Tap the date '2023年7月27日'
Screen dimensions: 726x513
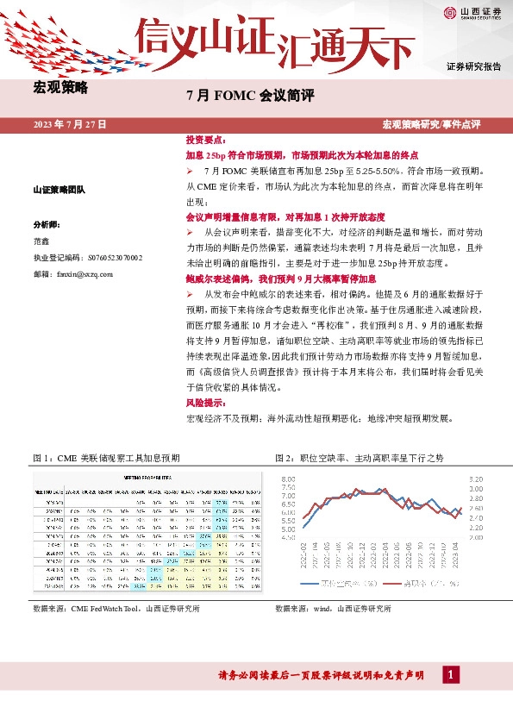click(x=70, y=125)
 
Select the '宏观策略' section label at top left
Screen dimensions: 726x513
click(x=59, y=86)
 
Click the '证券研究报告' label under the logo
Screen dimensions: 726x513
click(x=473, y=66)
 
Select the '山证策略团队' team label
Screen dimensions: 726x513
click(x=59, y=189)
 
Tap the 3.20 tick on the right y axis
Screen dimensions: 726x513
click(x=476, y=478)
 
